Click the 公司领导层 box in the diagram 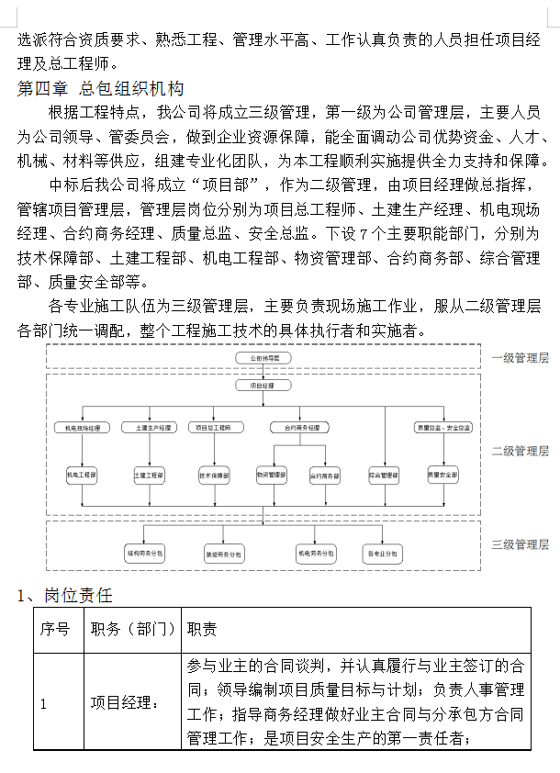tap(263, 356)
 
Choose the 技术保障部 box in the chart tap(215, 476)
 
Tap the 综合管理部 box tap(383, 476)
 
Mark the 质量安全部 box tap(442, 476)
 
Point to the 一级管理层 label tap(520, 358)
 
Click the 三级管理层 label tap(520, 544)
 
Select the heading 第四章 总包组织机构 tap(101, 88)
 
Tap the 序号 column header tap(55, 629)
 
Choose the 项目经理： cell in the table tap(124, 703)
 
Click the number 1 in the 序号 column tap(43, 703)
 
